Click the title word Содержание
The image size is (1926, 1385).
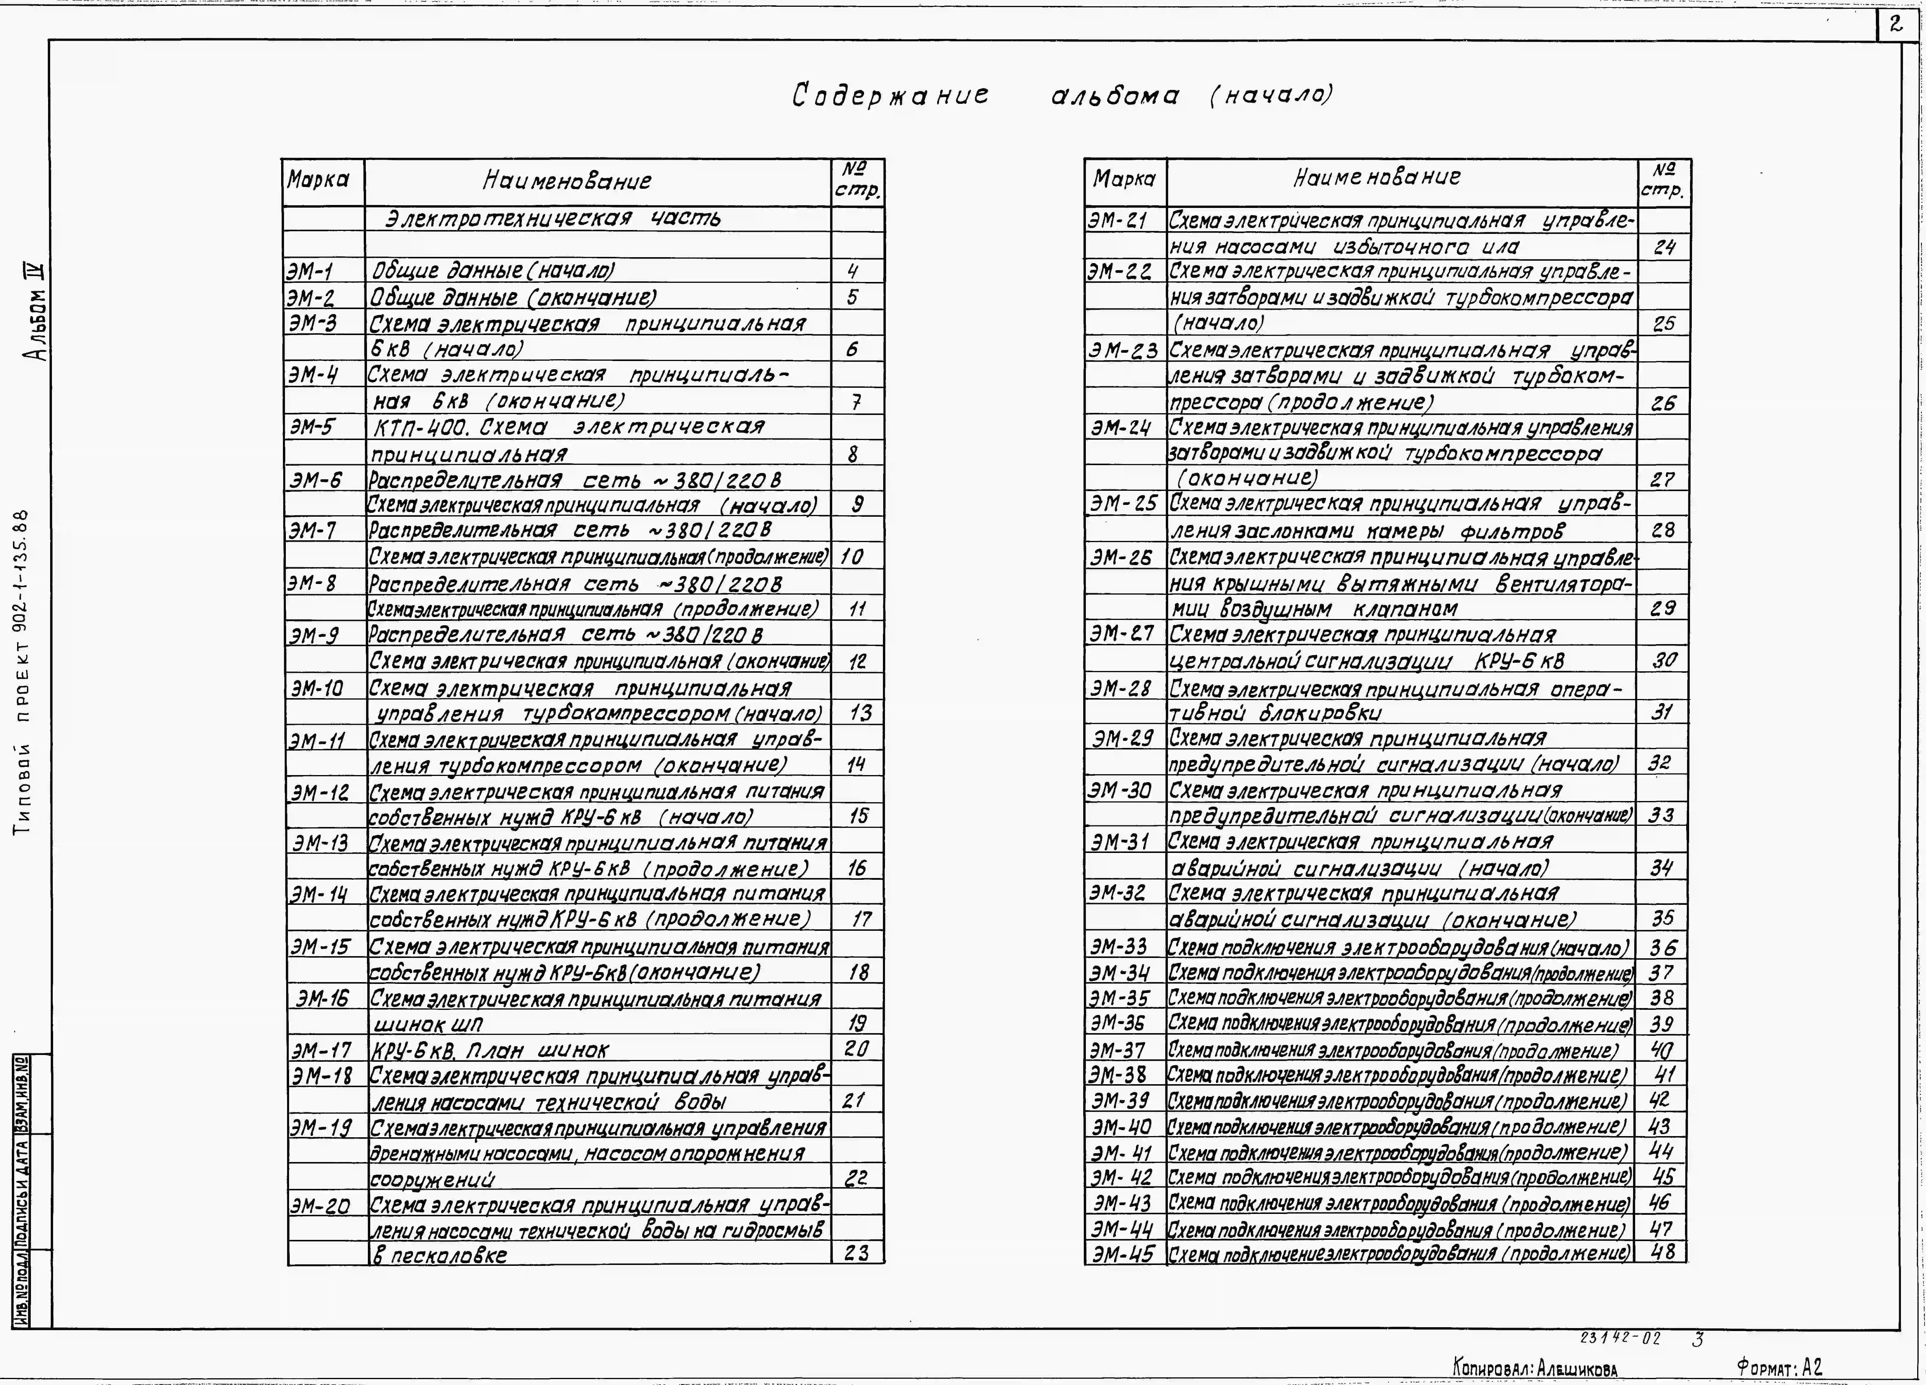pos(890,95)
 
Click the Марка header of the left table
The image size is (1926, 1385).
pos(319,180)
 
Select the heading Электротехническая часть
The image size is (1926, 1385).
pos(553,219)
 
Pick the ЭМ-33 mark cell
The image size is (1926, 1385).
pos(1119,946)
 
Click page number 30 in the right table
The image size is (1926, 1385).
pos(1663,660)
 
